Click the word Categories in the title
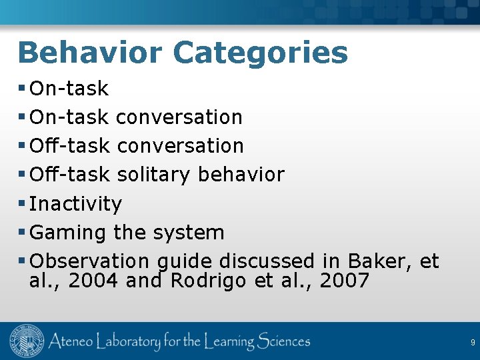tap(261, 52)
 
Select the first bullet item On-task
tap(69, 88)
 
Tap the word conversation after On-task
tap(179, 117)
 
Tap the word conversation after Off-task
tap(180, 145)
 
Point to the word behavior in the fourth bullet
tap(241, 175)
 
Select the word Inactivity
tap(76, 204)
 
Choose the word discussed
tap(267, 261)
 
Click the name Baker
tap(380, 261)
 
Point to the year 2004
tap(93, 281)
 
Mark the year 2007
tap(344, 281)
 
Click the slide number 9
tap(473, 343)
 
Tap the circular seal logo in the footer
tap(27, 342)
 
